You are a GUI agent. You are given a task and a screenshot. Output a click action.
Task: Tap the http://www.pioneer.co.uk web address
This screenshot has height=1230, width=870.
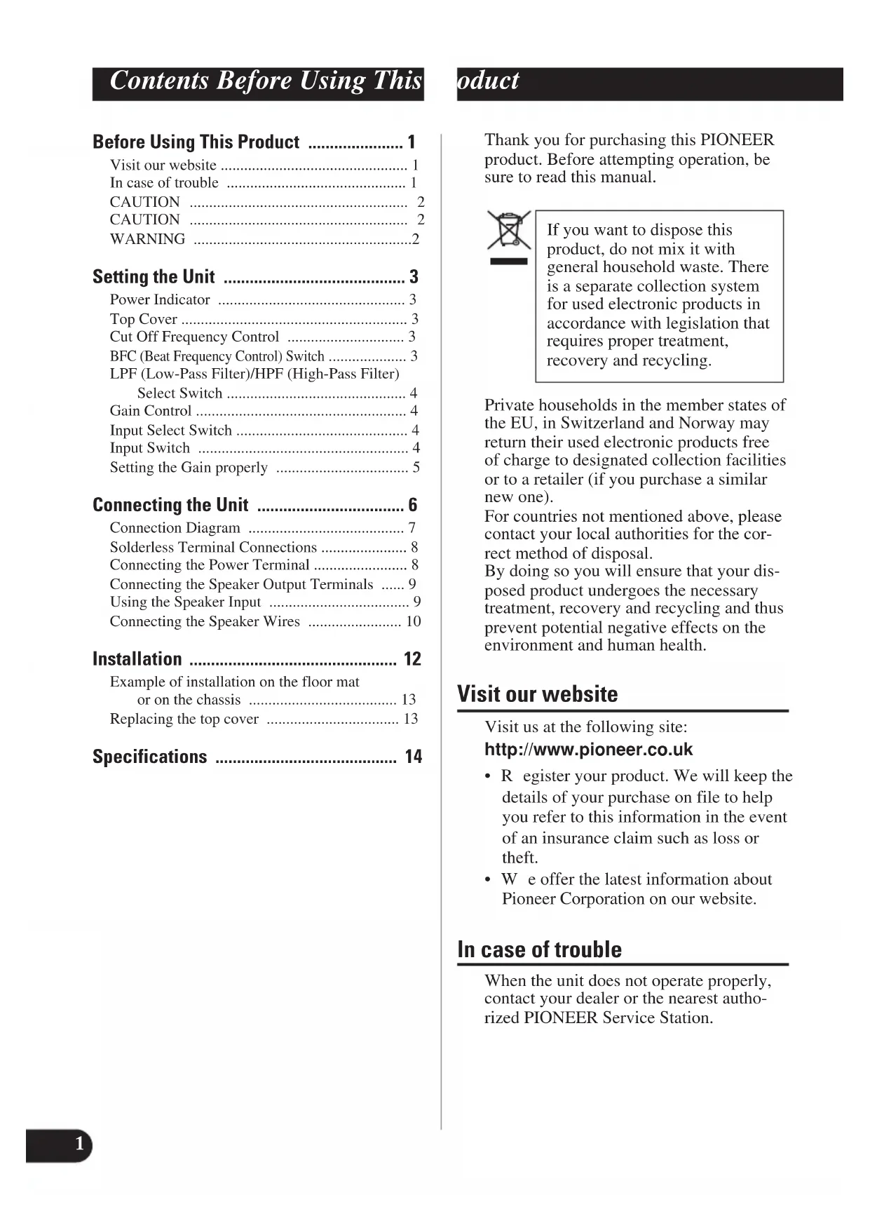tap(588, 750)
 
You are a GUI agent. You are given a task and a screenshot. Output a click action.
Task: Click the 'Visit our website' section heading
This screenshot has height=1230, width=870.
tap(537, 694)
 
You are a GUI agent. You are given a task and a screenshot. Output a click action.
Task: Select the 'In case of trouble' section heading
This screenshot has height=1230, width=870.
tap(539, 949)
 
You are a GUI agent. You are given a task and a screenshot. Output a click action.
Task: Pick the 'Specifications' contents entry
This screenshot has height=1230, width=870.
tap(150, 757)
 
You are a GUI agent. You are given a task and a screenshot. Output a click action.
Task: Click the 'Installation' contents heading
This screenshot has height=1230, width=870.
tap(137, 659)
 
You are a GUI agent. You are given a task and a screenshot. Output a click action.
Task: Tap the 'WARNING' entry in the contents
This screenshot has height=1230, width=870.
tap(147, 239)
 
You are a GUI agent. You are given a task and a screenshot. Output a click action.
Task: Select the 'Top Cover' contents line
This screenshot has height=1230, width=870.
tap(143, 319)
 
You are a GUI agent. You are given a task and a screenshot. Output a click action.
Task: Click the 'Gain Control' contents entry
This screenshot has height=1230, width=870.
tap(150, 411)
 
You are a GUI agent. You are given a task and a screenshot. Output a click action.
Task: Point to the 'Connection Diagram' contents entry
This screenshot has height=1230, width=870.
tap(175, 528)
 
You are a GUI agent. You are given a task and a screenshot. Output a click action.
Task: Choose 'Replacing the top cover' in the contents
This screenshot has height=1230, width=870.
tap(184, 719)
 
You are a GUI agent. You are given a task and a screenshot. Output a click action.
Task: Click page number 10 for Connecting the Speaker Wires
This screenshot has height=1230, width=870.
tap(413, 621)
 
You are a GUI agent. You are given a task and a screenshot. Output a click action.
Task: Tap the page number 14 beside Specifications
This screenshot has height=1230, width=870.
tap(413, 757)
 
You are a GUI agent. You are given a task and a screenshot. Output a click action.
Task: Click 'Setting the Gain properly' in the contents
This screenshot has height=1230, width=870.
tap(189, 468)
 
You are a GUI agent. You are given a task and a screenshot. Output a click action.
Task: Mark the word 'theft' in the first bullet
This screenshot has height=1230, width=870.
tap(518, 858)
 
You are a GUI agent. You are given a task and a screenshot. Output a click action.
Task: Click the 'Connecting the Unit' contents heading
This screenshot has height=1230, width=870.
tap(170, 506)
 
